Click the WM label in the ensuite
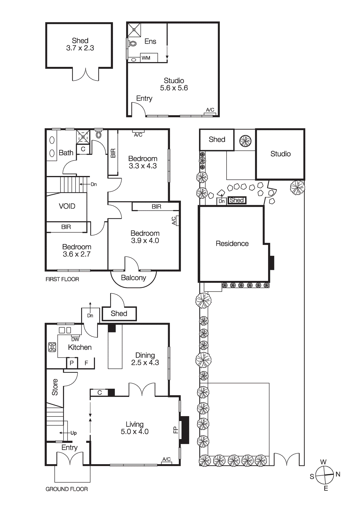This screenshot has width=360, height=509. coord(146,58)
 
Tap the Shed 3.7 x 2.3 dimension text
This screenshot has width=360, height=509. coord(80,48)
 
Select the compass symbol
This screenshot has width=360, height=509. coord(324,475)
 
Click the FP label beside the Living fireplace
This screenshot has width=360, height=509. coord(175,430)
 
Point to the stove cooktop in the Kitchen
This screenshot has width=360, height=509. coord(52,347)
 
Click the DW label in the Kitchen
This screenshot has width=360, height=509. coord(75,339)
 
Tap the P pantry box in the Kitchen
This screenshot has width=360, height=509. coord(72,363)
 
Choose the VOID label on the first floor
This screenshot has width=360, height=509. coord(67,206)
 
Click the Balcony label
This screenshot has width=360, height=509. coord(133,278)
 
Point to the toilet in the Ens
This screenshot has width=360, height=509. coord(133,43)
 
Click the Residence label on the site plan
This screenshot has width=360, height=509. coord(232,244)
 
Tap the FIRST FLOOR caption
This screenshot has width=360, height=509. coord(62,279)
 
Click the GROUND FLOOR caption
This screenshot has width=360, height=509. coord(67,489)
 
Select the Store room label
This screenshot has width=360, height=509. coord(55,387)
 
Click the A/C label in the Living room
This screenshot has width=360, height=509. coord(166,459)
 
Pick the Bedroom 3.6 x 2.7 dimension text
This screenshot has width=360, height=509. coord(77,254)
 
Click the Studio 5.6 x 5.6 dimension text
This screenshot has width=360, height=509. coord(174,88)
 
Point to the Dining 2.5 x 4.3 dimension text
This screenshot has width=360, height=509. coord(145,363)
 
